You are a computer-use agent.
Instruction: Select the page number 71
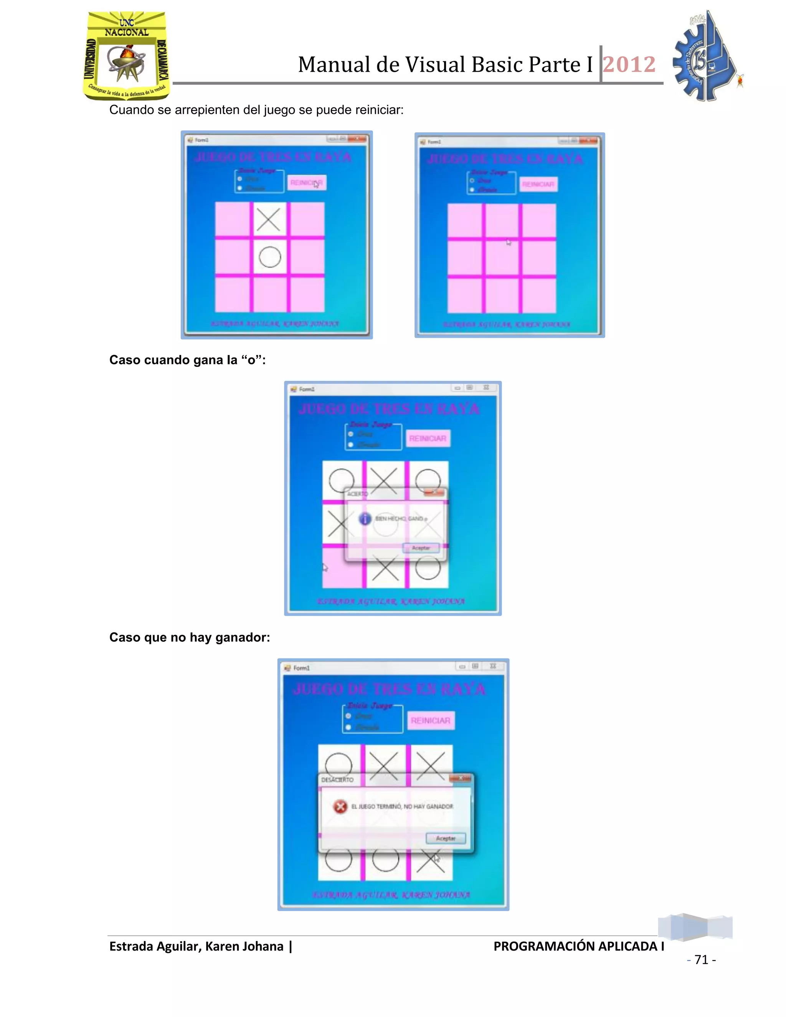tap(701, 960)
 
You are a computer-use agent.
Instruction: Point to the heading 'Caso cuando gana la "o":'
tap(187, 360)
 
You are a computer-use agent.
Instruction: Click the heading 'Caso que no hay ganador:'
tap(190, 637)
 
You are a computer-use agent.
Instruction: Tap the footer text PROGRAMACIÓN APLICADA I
tap(578, 946)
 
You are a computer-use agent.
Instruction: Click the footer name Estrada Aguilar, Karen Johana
tap(196, 946)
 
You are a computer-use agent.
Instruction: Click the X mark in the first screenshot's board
tap(269, 219)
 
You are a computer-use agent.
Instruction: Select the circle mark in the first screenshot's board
tap(269, 257)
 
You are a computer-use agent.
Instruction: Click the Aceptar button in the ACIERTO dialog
tap(421, 548)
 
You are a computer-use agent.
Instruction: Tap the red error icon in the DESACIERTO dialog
tap(340, 807)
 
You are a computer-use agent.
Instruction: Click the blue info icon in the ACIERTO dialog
tap(365, 518)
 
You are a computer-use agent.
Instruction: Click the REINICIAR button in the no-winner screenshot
tap(431, 720)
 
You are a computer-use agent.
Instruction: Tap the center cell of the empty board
tap(502, 258)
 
